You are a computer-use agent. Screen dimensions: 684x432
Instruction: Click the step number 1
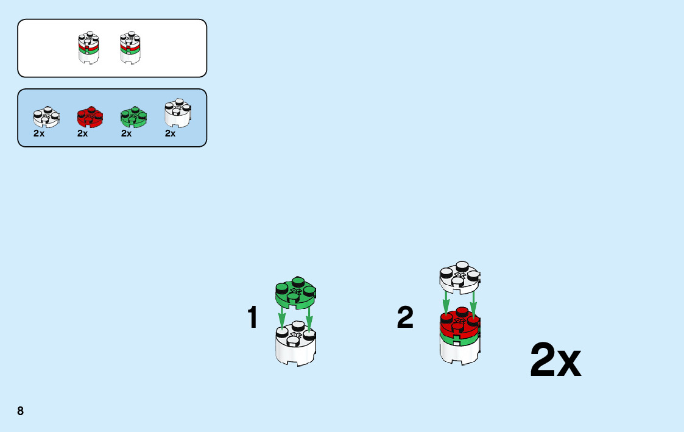pos(252,318)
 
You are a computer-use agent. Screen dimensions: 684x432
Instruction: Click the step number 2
pos(405,318)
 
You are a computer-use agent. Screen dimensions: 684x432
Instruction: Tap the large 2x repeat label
pos(555,361)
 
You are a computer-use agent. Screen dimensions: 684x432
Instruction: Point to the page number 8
pos(21,411)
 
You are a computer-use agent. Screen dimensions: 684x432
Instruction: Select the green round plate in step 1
pos(297,293)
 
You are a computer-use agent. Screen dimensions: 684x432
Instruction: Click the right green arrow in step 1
pos(309,319)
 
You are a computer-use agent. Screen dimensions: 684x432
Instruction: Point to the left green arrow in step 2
pos(446,301)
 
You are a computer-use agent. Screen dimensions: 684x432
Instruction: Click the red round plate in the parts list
pos(90,116)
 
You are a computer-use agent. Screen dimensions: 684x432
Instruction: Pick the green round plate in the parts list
pos(134,116)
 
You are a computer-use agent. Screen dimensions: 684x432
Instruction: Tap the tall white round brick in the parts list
pos(178,113)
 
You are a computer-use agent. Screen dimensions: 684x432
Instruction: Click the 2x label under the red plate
pos(83,133)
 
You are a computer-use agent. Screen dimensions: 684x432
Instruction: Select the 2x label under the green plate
pos(127,133)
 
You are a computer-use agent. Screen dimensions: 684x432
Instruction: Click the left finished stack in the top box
pos(89,48)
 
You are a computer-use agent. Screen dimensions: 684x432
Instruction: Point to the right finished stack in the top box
pos(130,48)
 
